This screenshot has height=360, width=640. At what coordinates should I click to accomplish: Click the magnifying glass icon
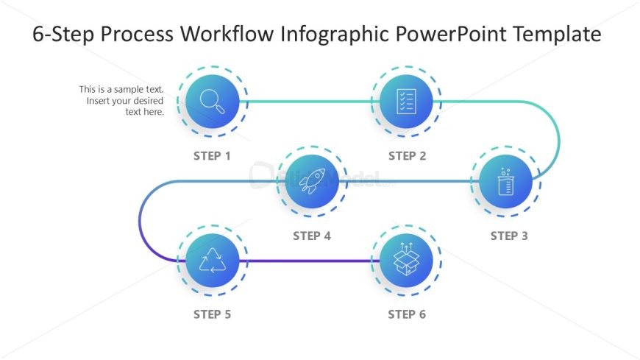[213, 101]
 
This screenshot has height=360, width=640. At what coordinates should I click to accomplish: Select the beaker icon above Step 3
[505, 181]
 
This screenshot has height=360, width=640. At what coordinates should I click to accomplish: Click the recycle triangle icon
[213, 261]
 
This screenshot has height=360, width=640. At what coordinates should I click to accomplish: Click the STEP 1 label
[213, 156]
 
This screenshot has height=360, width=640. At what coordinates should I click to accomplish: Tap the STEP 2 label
[407, 156]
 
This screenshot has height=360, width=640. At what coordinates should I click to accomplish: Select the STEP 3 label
[509, 236]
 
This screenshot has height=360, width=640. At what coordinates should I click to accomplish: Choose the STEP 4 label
[312, 236]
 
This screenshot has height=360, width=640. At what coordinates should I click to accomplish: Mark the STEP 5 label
[213, 315]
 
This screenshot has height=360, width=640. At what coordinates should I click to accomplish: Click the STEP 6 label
[407, 315]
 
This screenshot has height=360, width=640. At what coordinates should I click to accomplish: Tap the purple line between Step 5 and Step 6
[310, 261]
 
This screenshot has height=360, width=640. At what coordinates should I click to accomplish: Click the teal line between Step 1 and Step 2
[310, 101]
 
